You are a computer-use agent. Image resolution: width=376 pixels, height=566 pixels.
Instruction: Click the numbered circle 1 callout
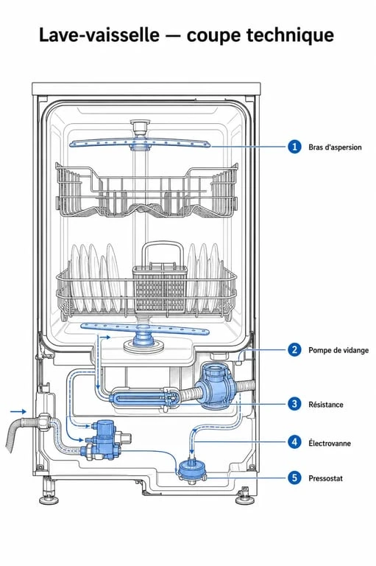[x=294, y=147]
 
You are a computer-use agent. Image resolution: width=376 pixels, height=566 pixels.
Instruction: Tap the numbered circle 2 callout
[x=294, y=349]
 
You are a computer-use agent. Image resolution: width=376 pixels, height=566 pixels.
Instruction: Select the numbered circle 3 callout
[x=294, y=404]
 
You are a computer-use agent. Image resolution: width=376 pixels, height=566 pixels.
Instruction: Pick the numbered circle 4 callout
[x=294, y=442]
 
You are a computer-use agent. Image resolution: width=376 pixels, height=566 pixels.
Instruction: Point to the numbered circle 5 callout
[x=294, y=478]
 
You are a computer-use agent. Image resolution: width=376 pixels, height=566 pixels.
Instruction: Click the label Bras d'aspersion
[x=335, y=147]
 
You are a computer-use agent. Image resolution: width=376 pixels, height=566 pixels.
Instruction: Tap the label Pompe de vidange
[x=338, y=350]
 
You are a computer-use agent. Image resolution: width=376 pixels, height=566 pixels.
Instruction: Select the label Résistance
[x=325, y=405]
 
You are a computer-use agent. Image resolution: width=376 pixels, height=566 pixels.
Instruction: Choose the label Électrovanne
[x=330, y=443]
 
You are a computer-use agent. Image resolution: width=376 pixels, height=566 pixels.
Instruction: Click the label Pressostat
[x=325, y=478]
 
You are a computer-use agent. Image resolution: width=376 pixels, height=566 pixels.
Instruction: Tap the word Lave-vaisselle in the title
[x=99, y=35]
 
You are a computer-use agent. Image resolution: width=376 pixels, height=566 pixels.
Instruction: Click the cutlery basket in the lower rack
[x=160, y=288]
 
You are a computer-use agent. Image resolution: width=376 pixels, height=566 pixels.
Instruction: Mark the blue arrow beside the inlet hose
[x=18, y=411]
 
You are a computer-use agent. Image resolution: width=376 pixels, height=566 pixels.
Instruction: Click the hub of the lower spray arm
[x=143, y=338]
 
